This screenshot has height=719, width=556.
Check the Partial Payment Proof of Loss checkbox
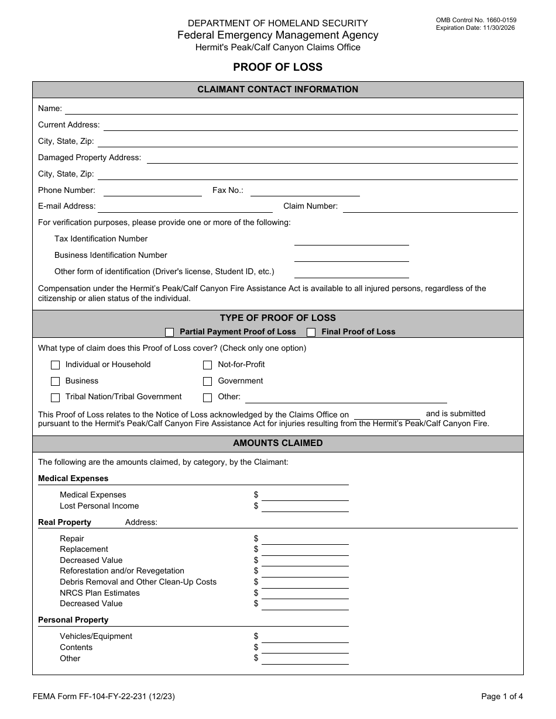[170, 332]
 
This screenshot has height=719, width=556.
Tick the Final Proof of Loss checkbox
[311, 332]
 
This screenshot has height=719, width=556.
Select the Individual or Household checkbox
[56, 365]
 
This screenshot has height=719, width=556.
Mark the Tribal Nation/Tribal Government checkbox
[56, 397]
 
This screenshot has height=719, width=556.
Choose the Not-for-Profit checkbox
[208, 365]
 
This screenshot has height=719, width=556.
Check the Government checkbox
[208, 381]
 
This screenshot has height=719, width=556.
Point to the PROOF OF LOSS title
[277, 67]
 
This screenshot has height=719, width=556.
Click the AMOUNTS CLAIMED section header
[277, 444]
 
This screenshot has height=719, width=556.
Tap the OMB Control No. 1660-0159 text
[476, 20]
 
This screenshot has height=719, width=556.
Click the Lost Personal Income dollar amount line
[305, 507]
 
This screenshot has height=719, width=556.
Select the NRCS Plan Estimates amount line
[305, 594]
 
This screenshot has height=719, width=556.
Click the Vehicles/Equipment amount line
[305, 637]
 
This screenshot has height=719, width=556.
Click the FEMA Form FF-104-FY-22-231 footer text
[103, 696]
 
